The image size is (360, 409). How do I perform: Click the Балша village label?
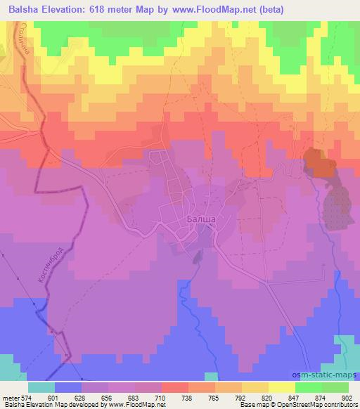pyautogui.click(x=201, y=220)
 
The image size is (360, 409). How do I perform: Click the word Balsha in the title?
pyautogui.click(x=20, y=10)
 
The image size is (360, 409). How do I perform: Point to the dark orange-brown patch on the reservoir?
pyautogui.click(x=319, y=163)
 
